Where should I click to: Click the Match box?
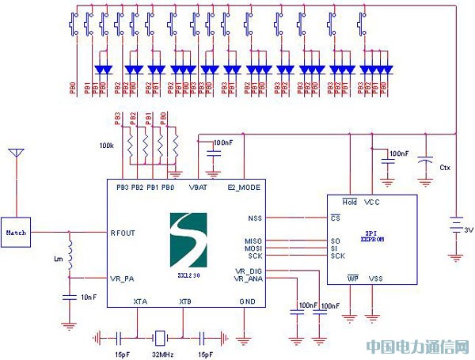16,233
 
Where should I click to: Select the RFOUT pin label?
125,233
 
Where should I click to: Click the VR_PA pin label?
124,278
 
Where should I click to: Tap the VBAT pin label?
199,188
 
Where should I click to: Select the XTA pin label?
140,302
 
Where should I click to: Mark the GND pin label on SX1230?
246,302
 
